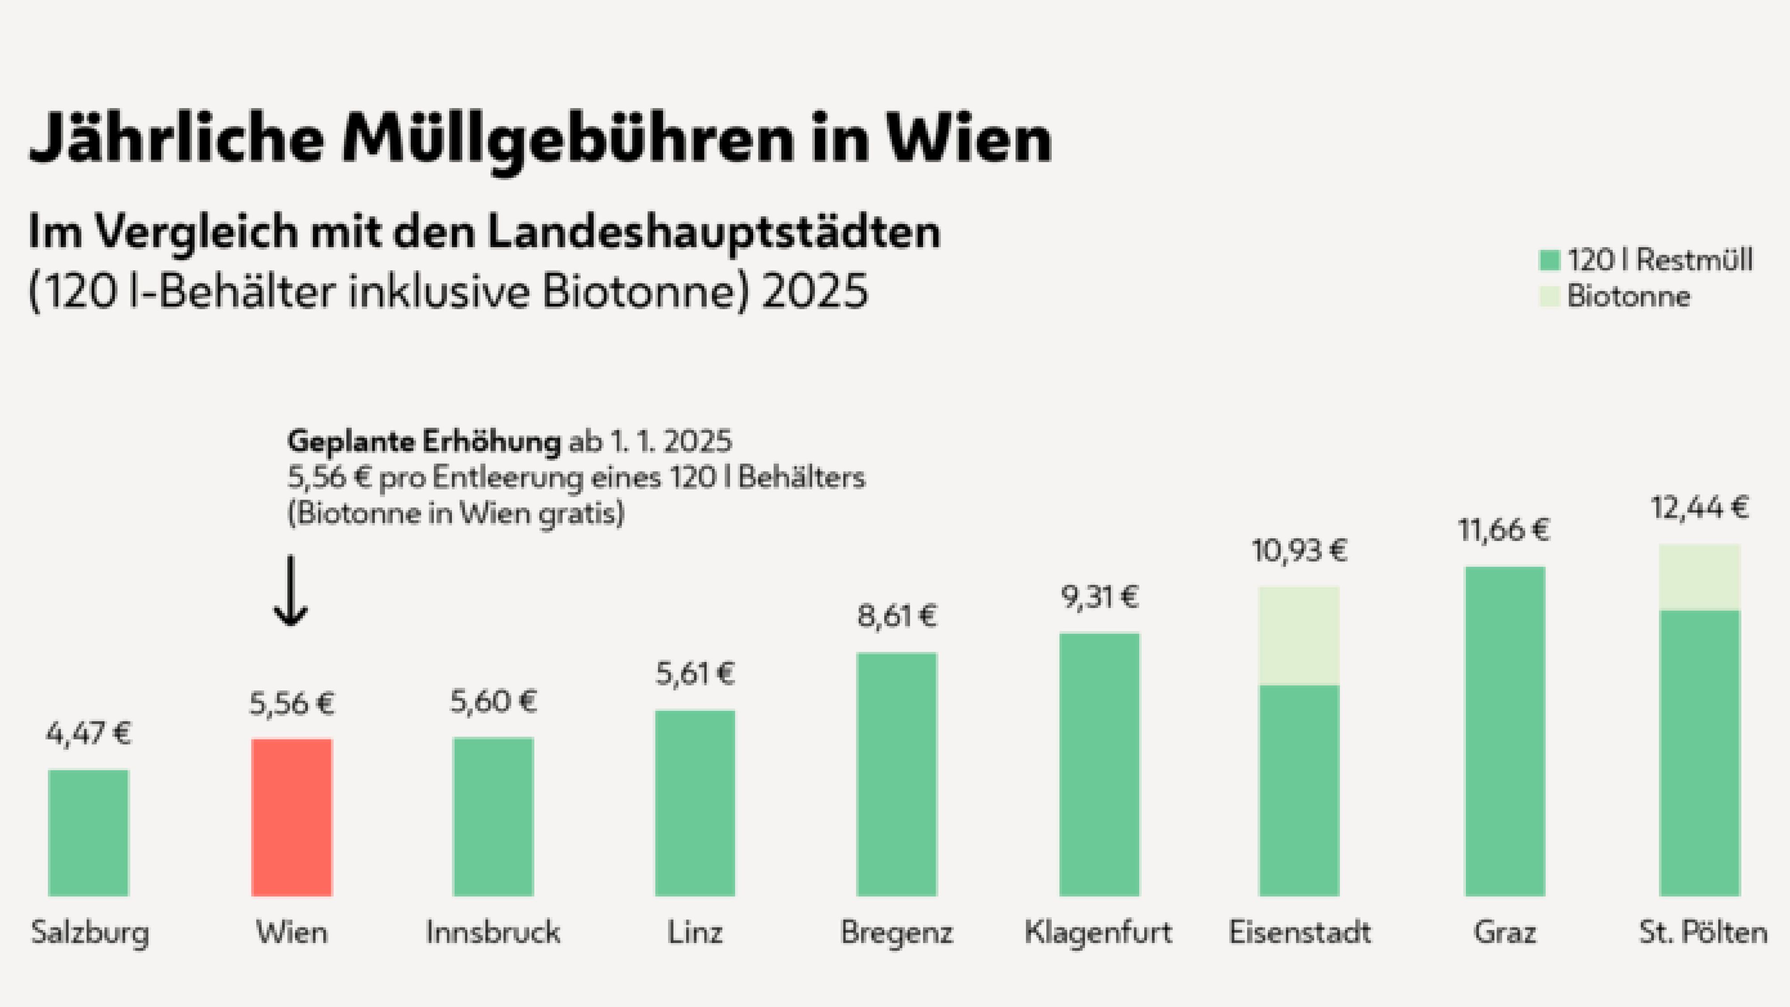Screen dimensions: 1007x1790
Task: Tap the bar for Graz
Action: (x=1505, y=731)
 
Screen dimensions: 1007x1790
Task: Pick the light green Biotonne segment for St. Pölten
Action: (x=1700, y=577)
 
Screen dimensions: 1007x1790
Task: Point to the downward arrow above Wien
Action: (x=290, y=591)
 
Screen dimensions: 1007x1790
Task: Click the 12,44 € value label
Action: (x=1700, y=508)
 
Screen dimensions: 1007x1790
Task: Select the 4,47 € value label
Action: (x=88, y=733)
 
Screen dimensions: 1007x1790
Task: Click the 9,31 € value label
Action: (x=1100, y=597)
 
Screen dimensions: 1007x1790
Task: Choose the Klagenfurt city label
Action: (x=1098, y=932)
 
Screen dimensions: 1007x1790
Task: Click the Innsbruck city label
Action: (x=493, y=932)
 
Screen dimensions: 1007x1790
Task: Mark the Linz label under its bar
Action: (x=695, y=932)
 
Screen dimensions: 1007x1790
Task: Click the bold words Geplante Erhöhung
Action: (x=424, y=441)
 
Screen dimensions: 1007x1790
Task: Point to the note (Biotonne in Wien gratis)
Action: (x=456, y=514)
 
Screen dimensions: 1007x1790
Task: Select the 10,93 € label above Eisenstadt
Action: (x=1299, y=551)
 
